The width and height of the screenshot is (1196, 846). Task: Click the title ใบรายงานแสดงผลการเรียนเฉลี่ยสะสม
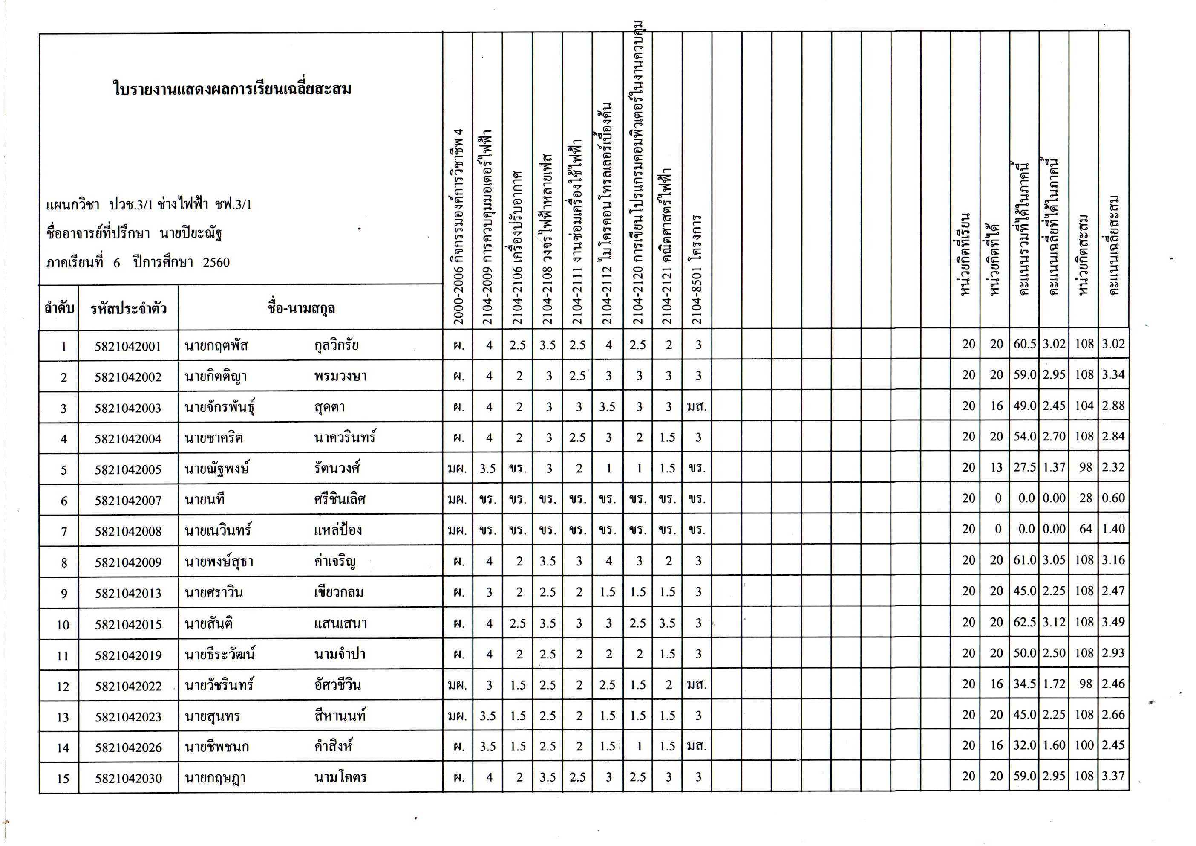point(232,89)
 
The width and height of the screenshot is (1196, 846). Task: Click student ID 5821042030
point(128,778)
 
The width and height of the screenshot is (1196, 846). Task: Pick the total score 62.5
point(1024,622)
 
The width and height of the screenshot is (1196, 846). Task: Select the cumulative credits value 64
point(1085,529)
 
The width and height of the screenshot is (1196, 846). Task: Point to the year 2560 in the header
point(216,262)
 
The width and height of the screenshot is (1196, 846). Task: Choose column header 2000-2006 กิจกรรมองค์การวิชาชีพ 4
point(458,226)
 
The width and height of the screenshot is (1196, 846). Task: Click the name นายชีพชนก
point(217,747)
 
